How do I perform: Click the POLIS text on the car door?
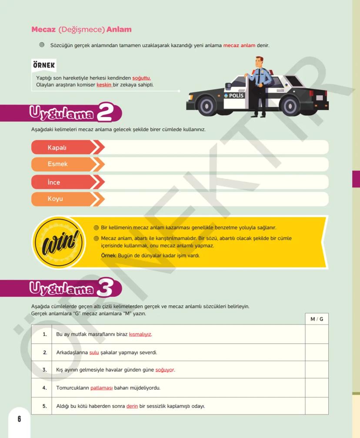237,96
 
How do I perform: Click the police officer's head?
259,62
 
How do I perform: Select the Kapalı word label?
57,147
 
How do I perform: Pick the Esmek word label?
58,164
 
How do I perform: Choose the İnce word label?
54,182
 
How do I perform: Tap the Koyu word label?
55,199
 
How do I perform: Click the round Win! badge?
59,241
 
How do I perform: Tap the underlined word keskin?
104,84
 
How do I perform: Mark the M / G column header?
317,319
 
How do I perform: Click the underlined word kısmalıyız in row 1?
140,334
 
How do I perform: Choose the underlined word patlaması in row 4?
102,388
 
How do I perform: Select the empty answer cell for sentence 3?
317,370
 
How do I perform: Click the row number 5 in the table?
44,406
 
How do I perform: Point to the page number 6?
19,419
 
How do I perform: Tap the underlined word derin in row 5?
132,406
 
